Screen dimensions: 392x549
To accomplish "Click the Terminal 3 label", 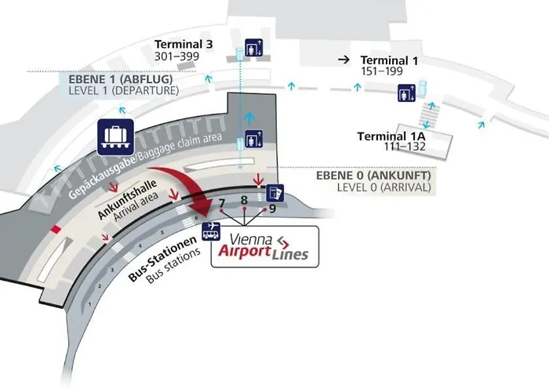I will tap(184, 44).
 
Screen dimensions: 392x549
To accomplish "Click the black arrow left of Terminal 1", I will tap(343, 60).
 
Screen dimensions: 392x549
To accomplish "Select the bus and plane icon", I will tap(211, 230).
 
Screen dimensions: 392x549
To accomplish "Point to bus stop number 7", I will tap(222, 205).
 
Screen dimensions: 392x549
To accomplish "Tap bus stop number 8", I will tap(244, 200).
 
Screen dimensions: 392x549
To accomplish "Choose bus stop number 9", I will tap(271, 209).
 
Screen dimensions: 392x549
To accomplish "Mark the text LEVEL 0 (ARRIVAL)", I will tap(383, 188).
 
